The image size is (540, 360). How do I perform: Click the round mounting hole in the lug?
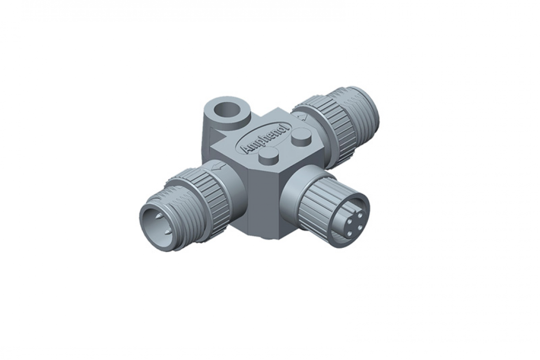coord(227,112)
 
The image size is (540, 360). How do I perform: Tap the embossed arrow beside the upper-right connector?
coord(303,118)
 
